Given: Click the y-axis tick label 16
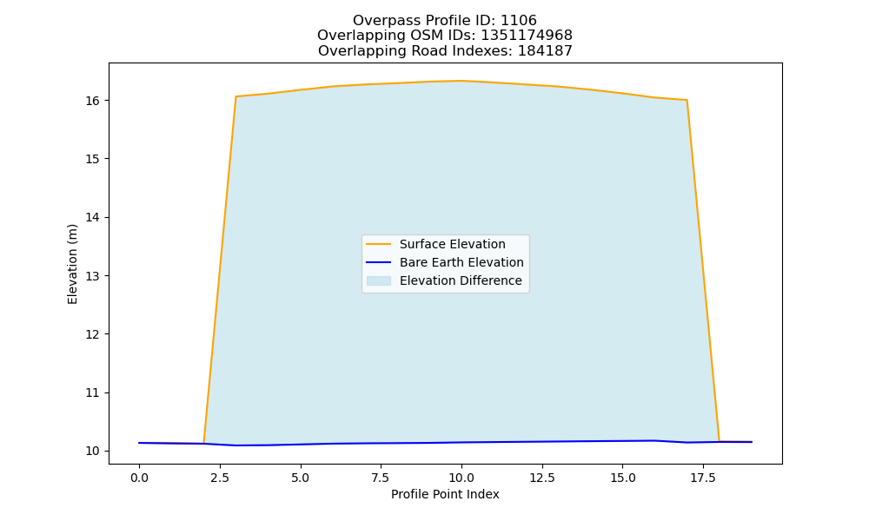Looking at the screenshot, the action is (x=93, y=101).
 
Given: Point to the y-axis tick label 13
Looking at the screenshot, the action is (x=93, y=276).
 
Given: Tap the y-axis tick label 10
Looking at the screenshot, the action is (x=93, y=452).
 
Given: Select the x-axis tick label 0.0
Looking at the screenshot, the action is (x=139, y=478).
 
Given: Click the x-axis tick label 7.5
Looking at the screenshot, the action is (x=381, y=478).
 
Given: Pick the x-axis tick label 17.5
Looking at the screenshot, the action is (x=703, y=478).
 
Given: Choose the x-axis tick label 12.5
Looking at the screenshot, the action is (x=542, y=478).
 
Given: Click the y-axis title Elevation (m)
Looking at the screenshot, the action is (x=72, y=264).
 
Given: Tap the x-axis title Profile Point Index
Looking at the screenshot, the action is (x=445, y=494).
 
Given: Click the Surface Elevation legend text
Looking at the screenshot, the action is (x=452, y=244).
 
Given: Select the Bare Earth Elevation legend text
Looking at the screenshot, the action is (x=461, y=262).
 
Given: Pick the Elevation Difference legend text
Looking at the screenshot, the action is (x=461, y=280).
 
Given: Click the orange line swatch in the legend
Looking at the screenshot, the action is (x=379, y=244).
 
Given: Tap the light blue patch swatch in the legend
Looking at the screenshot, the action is (x=379, y=280).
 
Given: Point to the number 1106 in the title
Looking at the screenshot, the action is (x=519, y=21).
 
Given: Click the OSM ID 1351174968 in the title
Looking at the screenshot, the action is (x=527, y=36).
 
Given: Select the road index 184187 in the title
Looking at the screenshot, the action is (x=545, y=51).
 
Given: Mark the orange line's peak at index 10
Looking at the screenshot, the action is (x=461, y=81).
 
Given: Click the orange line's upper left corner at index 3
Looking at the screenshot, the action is (x=236, y=96).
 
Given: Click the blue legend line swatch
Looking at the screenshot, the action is (x=379, y=262).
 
